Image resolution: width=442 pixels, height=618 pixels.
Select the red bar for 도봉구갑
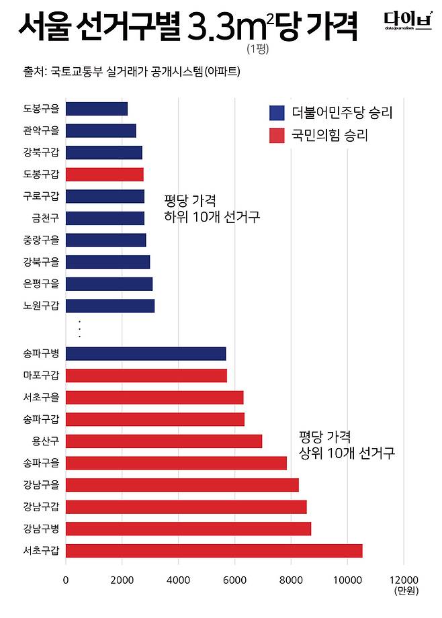pos(105,175)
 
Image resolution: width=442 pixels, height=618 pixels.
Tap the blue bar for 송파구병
pos(146,354)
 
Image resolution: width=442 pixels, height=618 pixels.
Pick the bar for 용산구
pos(164,441)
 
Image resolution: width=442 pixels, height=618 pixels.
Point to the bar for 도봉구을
pos(97,109)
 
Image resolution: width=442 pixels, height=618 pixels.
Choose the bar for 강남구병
pos(188,529)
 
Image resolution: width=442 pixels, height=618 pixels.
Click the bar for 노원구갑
pos(110,306)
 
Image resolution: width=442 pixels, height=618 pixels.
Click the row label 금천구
pos(45,218)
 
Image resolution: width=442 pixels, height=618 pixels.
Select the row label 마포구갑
pos(41,376)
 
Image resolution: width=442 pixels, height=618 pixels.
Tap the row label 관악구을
pos(41,131)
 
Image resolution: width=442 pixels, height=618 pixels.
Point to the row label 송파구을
pos(41,463)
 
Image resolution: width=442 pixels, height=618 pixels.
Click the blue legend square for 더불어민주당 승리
pos(276,113)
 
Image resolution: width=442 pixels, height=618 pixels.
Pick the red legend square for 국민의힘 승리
pos(276,136)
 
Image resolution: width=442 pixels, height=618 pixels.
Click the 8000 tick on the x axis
pos(291,580)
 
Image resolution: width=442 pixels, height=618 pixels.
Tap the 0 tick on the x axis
pos(66,580)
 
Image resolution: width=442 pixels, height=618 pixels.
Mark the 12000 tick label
pos(403,580)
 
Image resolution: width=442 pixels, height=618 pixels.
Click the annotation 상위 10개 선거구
pos(347,453)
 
